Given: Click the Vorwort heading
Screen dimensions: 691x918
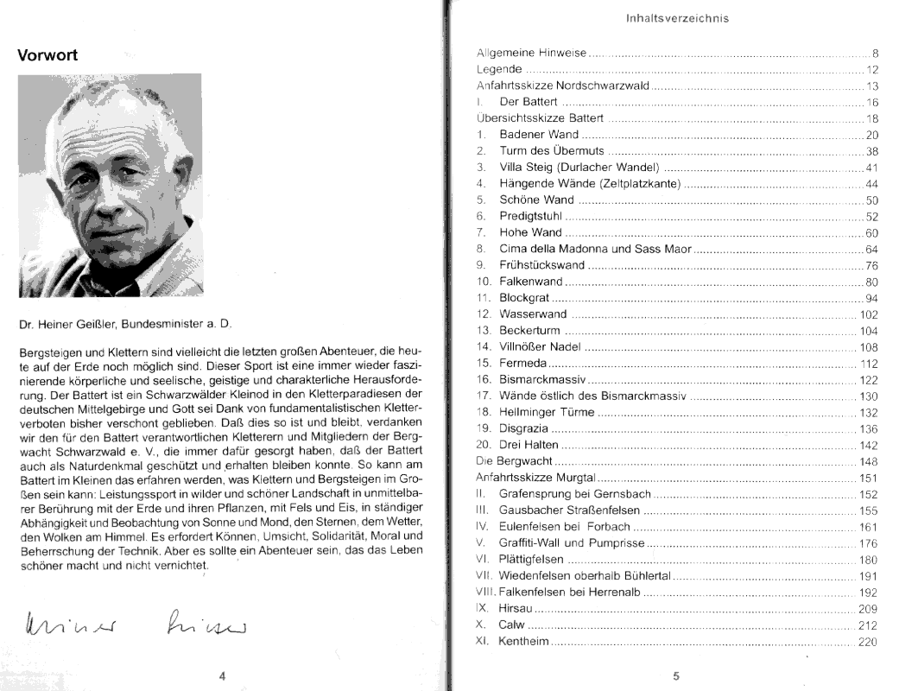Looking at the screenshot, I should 48,55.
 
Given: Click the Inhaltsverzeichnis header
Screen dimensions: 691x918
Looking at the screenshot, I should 678,18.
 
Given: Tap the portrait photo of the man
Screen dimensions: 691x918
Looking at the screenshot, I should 111,185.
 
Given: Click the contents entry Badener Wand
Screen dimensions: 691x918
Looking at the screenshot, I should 539,135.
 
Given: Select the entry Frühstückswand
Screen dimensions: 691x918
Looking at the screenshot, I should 541,265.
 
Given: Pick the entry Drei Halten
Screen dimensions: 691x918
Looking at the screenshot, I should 529,444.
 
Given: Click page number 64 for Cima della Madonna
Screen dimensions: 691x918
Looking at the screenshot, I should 871,249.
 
